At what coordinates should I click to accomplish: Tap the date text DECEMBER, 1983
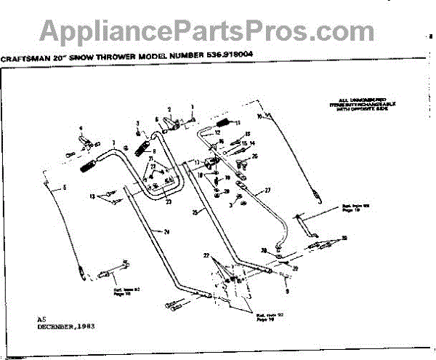tap(66, 327)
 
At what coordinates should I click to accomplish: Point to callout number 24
tap(167, 232)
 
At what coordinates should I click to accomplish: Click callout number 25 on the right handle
tap(195, 212)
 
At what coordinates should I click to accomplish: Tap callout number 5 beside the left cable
tap(63, 188)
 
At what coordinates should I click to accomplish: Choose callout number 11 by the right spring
tap(237, 122)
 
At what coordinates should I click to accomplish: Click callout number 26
tap(254, 156)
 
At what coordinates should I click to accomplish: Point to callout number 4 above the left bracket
tap(81, 129)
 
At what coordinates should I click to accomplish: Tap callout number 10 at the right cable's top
tap(259, 116)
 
